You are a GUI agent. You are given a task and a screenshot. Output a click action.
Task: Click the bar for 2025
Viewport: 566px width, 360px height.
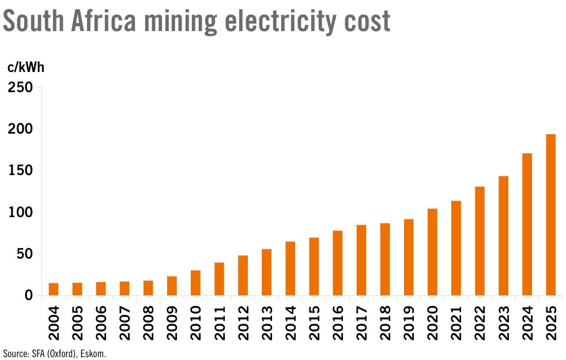coord(550,215)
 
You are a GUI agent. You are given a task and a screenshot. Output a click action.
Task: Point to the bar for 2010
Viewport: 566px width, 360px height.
coord(195,283)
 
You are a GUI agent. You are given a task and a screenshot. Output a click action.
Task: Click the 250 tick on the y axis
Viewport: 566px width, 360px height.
coord(21,88)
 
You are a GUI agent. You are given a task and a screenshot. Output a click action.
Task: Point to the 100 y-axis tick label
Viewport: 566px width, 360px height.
coord(21,213)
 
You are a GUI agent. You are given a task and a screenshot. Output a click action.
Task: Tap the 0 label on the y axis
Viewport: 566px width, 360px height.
coord(29,296)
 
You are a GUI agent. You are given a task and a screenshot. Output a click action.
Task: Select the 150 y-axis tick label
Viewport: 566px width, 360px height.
coord(21,171)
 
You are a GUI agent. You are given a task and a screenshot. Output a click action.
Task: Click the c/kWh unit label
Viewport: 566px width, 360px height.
coord(25,67)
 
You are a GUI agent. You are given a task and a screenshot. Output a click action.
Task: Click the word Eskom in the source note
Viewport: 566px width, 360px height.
coord(94,353)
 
